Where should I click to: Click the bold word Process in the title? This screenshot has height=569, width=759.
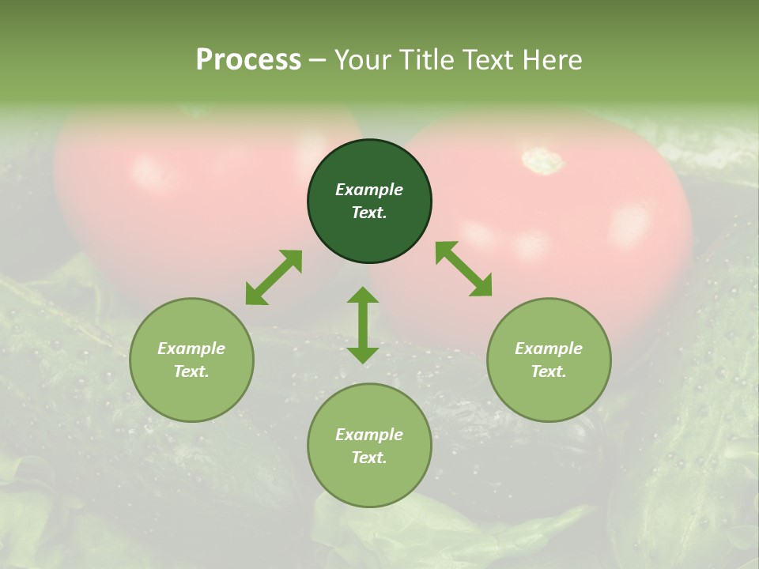point(248,60)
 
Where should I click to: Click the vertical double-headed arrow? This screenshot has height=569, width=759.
point(363,325)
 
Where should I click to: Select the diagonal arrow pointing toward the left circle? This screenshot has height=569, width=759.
point(274,277)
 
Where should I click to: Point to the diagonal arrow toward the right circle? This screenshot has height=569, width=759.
point(464,269)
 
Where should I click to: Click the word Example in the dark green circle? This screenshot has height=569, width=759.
point(369,190)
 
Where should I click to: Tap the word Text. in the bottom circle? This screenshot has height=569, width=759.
point(369,458)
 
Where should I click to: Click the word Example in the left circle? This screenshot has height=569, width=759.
point(191,349)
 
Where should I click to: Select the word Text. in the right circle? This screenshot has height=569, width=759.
point(549,371)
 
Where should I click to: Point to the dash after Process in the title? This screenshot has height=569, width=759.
point(317,60)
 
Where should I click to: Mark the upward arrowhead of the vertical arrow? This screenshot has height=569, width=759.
point(363,295)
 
